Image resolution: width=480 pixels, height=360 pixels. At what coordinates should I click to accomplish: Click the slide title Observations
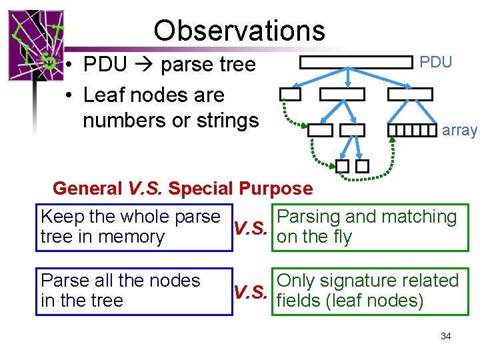coord(239,31)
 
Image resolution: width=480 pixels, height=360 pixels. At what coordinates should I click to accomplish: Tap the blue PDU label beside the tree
coord(436,62)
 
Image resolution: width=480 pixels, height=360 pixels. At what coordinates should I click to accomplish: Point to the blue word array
coord(459,131)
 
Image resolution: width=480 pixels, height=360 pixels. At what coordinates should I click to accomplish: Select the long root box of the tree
coord(356,62)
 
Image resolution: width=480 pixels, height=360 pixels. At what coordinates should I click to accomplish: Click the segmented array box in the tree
coord(412,130)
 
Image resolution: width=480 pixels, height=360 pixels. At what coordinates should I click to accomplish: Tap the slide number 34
coord(446,336)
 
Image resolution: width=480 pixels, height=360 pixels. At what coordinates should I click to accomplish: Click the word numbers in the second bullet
coord(120,121)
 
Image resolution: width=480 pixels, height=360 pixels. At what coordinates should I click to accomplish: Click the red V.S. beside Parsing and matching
coord(252,228)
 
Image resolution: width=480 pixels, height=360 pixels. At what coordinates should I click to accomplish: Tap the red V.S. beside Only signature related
coord(252,291)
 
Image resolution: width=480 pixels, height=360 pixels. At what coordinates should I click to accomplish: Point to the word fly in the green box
coord(340,237)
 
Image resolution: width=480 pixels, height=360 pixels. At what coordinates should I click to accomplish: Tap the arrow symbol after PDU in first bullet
coord(145,65)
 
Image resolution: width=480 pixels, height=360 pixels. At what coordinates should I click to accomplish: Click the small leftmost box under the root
coord(290,94)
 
